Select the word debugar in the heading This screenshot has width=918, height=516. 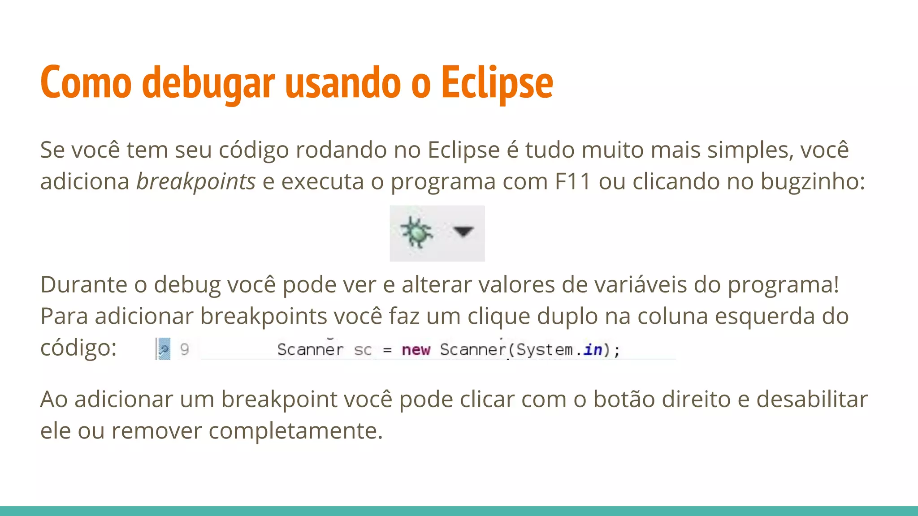click(x=208, y=83)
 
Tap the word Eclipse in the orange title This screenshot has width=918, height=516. click(x=497, y=83)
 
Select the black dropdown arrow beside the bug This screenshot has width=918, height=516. click(x=463, y=231)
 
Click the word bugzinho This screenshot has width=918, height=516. click(x=812, y=181)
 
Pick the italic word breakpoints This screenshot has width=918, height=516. click(x=196, y=181)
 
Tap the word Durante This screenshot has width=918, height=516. click(x=84, y=284)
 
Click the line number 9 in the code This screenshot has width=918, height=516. click(x=184, y=349)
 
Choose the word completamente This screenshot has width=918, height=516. click(x=295, y=431)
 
